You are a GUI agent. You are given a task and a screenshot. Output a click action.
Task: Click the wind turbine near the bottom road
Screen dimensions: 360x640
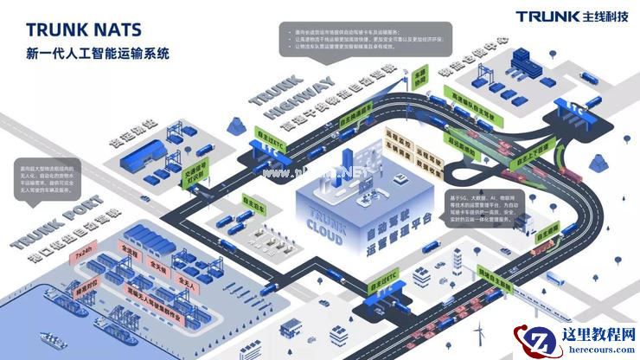coord(482,332)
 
